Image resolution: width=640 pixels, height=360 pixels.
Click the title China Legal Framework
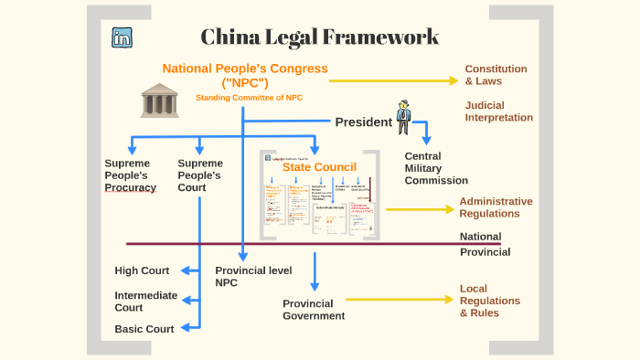[320, 37]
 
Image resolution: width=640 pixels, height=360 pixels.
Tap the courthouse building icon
[160, 100]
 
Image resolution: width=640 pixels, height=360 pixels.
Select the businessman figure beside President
[403, 118]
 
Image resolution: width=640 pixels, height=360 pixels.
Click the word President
[363, 122]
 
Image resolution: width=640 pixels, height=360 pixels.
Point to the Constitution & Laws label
[496, 75]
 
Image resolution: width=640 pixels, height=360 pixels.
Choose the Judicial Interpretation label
[498, 111]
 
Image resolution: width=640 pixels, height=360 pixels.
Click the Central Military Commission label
[435, 168]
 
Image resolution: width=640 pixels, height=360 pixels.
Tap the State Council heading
[319, 167]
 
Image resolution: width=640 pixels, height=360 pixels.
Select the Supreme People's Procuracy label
[130, 175]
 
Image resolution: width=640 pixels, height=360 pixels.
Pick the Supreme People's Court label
[200, 175]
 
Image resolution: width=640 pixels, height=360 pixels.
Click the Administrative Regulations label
[496, 207]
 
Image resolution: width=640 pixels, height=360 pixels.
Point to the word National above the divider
[480, 237]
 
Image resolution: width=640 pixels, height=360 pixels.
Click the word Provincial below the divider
[485, 251]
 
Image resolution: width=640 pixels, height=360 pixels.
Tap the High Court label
[142, 270]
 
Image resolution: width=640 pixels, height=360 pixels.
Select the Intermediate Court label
[141, 302]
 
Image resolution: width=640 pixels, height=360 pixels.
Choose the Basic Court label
[144, 329]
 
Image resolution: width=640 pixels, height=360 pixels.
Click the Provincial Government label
[314, 310]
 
